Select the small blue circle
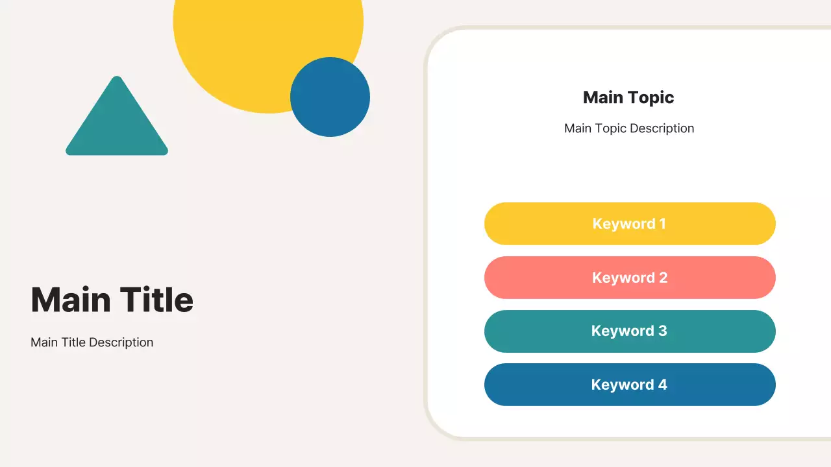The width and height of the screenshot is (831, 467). tap(330, 97)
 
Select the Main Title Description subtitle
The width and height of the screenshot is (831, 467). tap(92, 342)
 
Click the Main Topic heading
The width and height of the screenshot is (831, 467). tap(628, 97)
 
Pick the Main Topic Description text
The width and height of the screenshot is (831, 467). tap(629, 128)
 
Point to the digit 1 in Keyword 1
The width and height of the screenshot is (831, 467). tap(662, 224)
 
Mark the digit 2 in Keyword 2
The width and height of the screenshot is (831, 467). tap(663, 278)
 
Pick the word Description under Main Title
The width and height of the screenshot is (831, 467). tap(121, 342)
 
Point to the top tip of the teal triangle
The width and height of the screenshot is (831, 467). tap(117, 78)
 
